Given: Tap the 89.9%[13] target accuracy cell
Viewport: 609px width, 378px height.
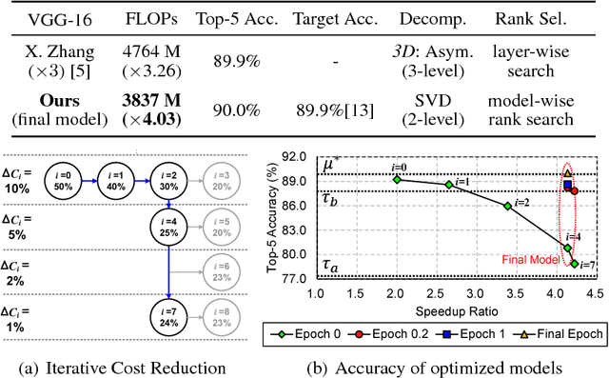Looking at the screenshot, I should click(333, 109).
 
